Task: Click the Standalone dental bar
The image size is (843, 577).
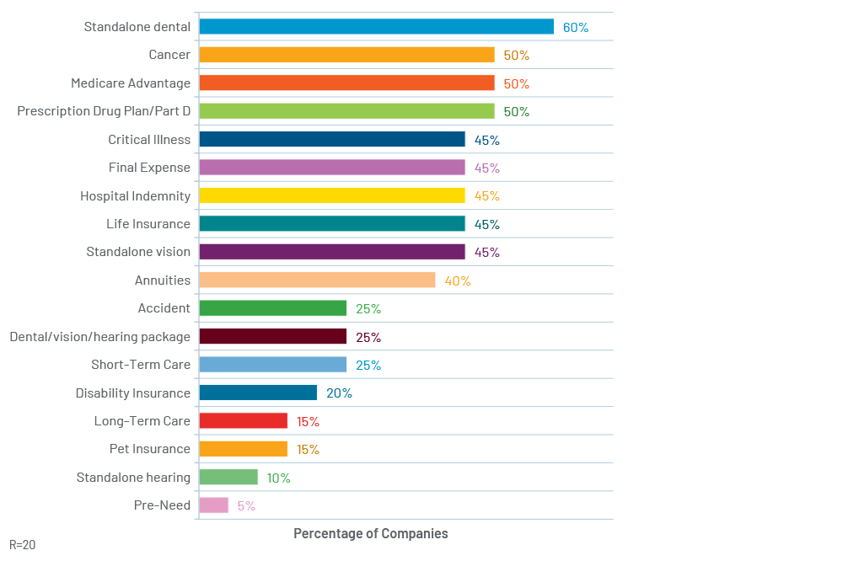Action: click(376, 26)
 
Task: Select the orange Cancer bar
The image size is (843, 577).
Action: click(346, 55)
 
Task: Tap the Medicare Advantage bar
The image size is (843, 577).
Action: click(346, 83)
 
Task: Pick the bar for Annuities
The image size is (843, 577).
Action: click(317, 280)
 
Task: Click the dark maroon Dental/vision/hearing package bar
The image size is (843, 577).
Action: click(273, 336)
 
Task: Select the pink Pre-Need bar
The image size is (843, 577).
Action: click(214, 505)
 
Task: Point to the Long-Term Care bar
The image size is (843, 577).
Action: click(244, 420)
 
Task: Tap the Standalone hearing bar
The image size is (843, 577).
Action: click(228, 477)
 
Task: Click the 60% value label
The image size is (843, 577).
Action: click(576, 28)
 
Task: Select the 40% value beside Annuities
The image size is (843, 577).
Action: click(458, 281)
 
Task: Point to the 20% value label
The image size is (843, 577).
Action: click(339, 393)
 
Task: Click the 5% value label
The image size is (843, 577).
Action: click(246, 506)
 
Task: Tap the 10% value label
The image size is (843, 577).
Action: click(278, 478)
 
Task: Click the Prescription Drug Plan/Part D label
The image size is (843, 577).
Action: click(104, 111)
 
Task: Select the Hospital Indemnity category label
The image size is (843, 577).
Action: click(136, 196)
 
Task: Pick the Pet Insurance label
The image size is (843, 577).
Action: click(150, 449)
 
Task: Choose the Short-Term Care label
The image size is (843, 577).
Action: click(141, 364)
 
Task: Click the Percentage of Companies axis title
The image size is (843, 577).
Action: click(370, 533)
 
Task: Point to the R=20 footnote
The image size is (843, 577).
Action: click(23, 545)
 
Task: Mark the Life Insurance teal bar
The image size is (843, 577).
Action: click(332, 223)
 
